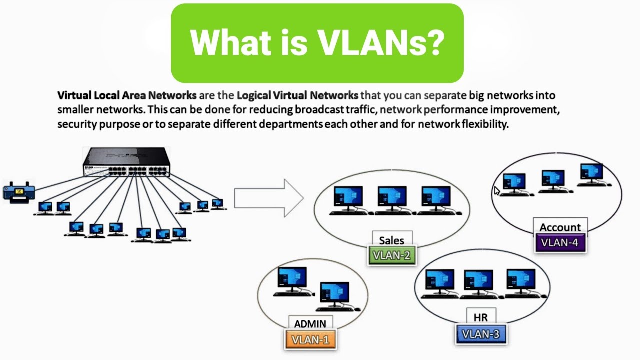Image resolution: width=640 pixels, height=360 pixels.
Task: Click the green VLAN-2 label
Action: pyautogui.click(x=391, y=255)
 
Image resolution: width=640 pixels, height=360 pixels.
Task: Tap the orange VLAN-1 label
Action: pyautogui.click(x=310, y=339)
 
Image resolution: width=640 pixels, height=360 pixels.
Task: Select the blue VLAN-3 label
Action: pyautogui.click(x=480, y=334)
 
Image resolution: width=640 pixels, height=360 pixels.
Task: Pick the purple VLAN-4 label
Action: pyautogui.click(x=560, y=243)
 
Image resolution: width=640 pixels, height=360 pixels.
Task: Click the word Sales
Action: pyautogui.click(x=392, y=240)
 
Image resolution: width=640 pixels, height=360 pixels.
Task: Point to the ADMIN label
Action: pyautogui.click(x=310, y=324)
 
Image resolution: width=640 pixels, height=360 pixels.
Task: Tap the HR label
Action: pyautogui.click(x=481, y=317)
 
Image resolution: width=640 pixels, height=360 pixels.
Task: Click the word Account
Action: pyautogui.click(x=560, y=228)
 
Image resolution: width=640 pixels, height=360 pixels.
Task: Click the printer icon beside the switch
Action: pyautogui.click(x=18, y=191)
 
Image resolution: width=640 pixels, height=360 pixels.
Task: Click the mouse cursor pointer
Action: pyautogui.click(x=497, y=191)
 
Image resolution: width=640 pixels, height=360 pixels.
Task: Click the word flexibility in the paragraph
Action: pyautogui.click(x=484, y=124)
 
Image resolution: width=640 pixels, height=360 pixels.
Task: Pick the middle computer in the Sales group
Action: pyautogui.click(x=392, y=200)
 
